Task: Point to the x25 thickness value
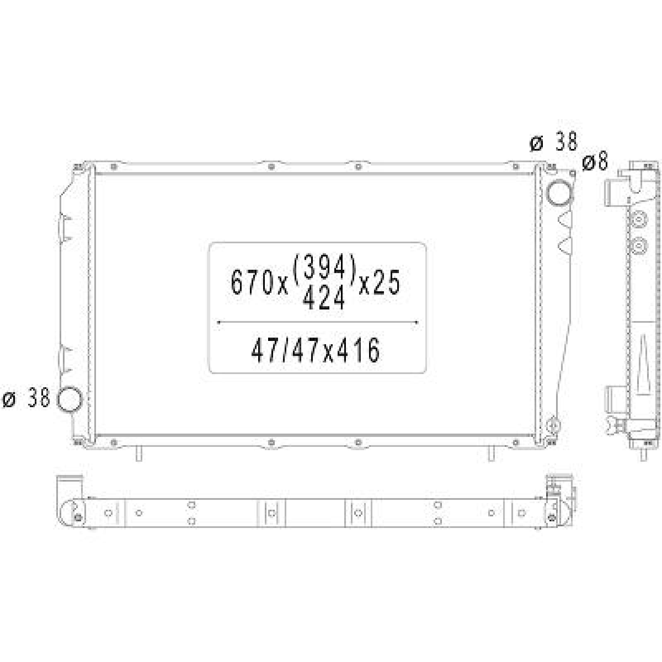pos(379,283)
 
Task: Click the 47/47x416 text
pos(315,350)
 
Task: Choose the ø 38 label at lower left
pos(26,399)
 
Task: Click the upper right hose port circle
pos(559,192)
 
